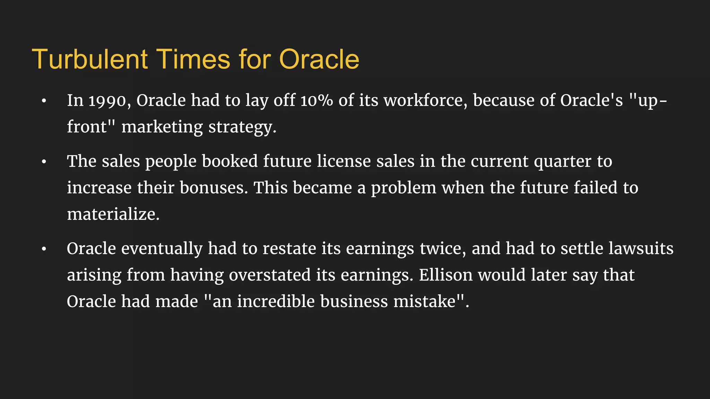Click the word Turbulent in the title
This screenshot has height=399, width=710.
[90, 59]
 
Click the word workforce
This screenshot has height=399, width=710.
[425, 101]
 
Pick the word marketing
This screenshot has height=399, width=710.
[162, 127]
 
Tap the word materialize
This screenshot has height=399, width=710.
[113, 214]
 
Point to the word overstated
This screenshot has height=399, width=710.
[269, 275]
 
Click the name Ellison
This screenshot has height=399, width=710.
[445, 275]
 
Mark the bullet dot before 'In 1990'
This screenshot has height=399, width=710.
[44, 101]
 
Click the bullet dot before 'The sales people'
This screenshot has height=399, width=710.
[44, 162]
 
